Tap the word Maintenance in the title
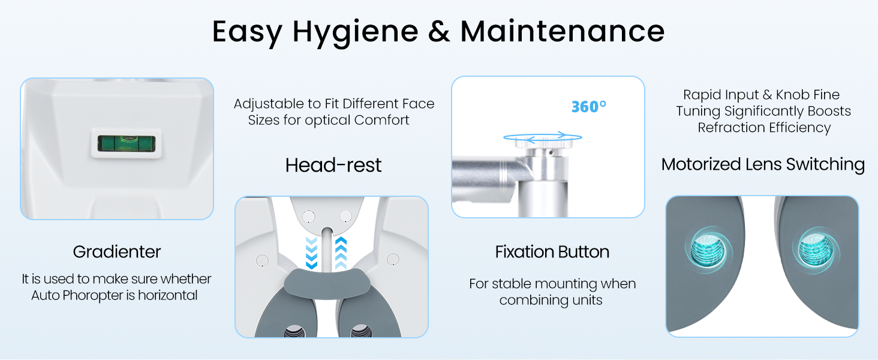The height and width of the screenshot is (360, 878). coord(563,31)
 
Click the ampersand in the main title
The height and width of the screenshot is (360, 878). coord(439,31)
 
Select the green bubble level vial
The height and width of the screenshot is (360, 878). coord(126,143)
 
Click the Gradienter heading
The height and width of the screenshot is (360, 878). coord(117,252)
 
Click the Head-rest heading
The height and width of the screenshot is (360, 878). coord(333,165)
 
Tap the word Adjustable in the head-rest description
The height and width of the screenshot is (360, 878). coord(269,104)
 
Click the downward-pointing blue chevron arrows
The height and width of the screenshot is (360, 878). coord(311,253)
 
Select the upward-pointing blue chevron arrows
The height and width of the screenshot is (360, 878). coord(341,253)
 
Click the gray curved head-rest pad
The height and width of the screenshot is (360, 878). coord(327,283)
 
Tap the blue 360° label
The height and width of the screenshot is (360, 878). coord(589,107)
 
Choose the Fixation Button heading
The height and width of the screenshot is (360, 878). coord(552,252)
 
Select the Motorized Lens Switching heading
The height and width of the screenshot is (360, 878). coord(763,164)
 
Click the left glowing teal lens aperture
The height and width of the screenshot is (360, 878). coord(708,250)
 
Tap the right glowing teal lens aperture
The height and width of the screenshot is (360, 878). coord(816,250)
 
